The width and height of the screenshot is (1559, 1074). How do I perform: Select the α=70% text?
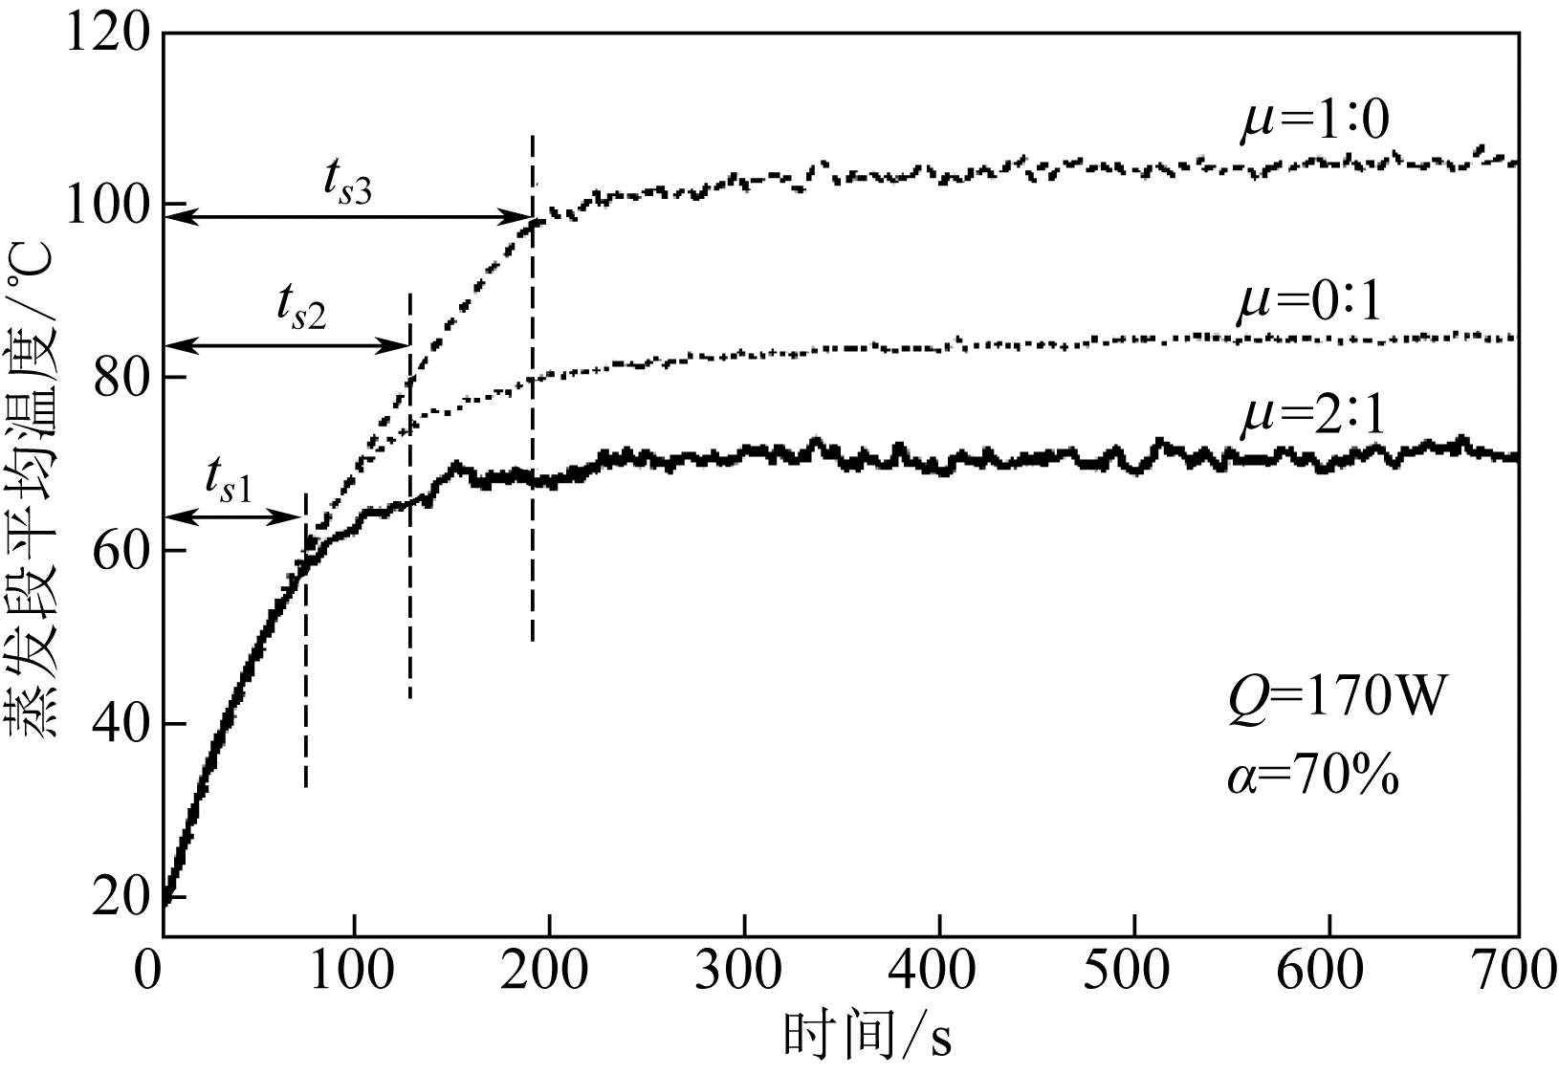pos(1312,777)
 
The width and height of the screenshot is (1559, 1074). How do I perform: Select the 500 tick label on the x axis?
pos(1133,973)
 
